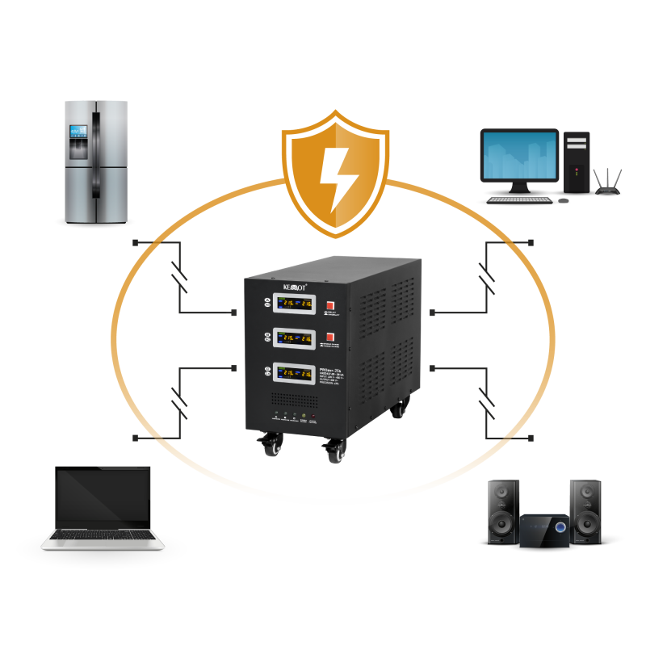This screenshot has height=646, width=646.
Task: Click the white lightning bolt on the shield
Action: click(x=334, y=177)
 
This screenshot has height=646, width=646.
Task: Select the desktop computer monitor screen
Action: click(x=519, y=157)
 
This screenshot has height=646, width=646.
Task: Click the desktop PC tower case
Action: click(x=576, y=162)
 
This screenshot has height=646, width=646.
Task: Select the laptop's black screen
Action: click(x=103, y=497)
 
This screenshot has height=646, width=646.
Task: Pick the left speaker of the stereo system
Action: click(x=503, y=511)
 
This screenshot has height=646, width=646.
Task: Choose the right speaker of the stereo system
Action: click(x=585, y=511)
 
